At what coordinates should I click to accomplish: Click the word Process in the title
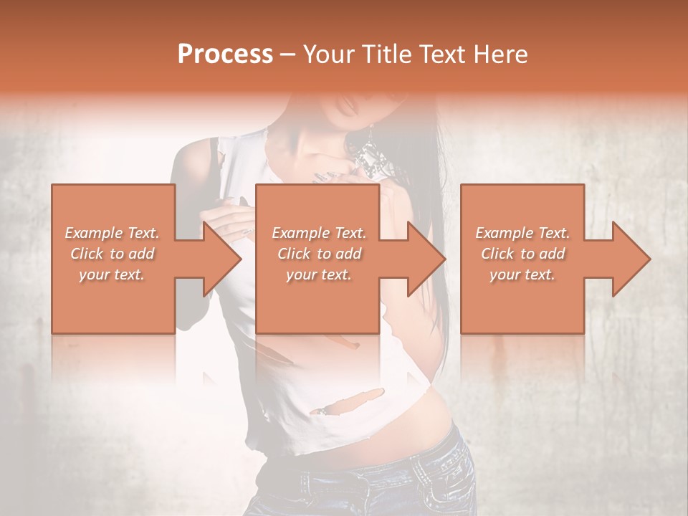click(225, 54)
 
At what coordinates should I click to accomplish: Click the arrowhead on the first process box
click(224, 259)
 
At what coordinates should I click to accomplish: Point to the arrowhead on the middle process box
click(428, 259)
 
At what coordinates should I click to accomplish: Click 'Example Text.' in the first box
click(113, 233)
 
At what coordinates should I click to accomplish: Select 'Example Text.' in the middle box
click(319, 233)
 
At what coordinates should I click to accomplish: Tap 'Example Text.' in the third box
click(522, 233)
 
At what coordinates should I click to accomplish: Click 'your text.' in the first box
click(113, 274)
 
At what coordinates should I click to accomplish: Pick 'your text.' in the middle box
click(319, 274)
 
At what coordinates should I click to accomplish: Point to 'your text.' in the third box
click(522, 274)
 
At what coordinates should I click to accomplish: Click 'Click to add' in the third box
click(522, 254)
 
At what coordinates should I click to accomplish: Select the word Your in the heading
click(327, 54)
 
